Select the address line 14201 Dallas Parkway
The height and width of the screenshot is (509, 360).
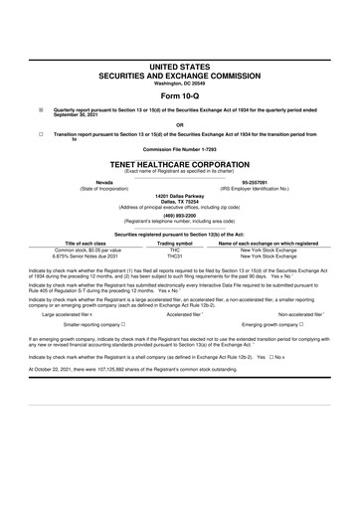(180, 197)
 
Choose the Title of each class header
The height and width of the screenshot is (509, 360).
(87, 243)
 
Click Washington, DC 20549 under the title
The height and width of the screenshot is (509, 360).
(180, 82)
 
